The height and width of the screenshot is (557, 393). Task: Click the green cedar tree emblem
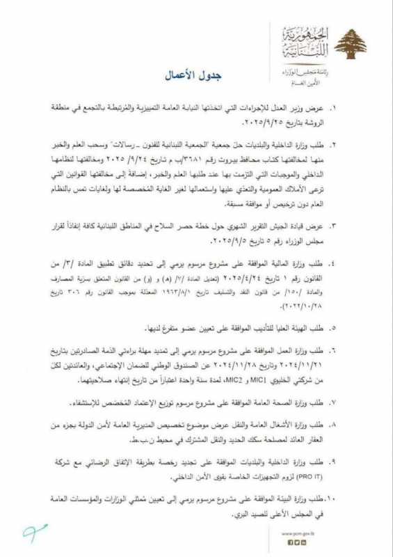pyautogui.click(x=351, y=44)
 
